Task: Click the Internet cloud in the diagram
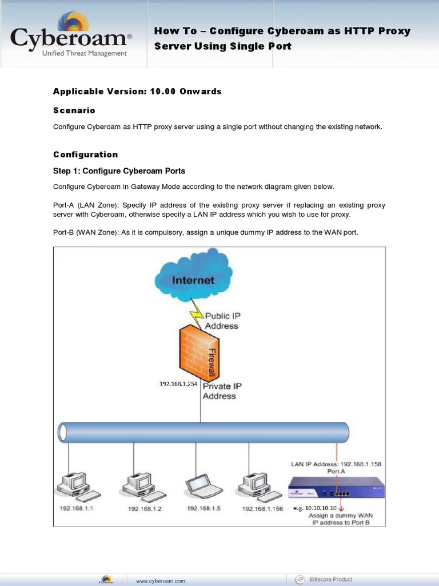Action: [x=194, y=279]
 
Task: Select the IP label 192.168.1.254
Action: [x=178, y=385]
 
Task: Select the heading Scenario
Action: [x=74, y=110]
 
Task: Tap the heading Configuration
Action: [x=86, y=155]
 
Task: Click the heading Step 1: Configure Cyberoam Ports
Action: [x=119, y=171]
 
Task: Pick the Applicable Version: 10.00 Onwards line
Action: [x=137, y=92]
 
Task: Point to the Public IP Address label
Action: [x=221, y=320]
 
